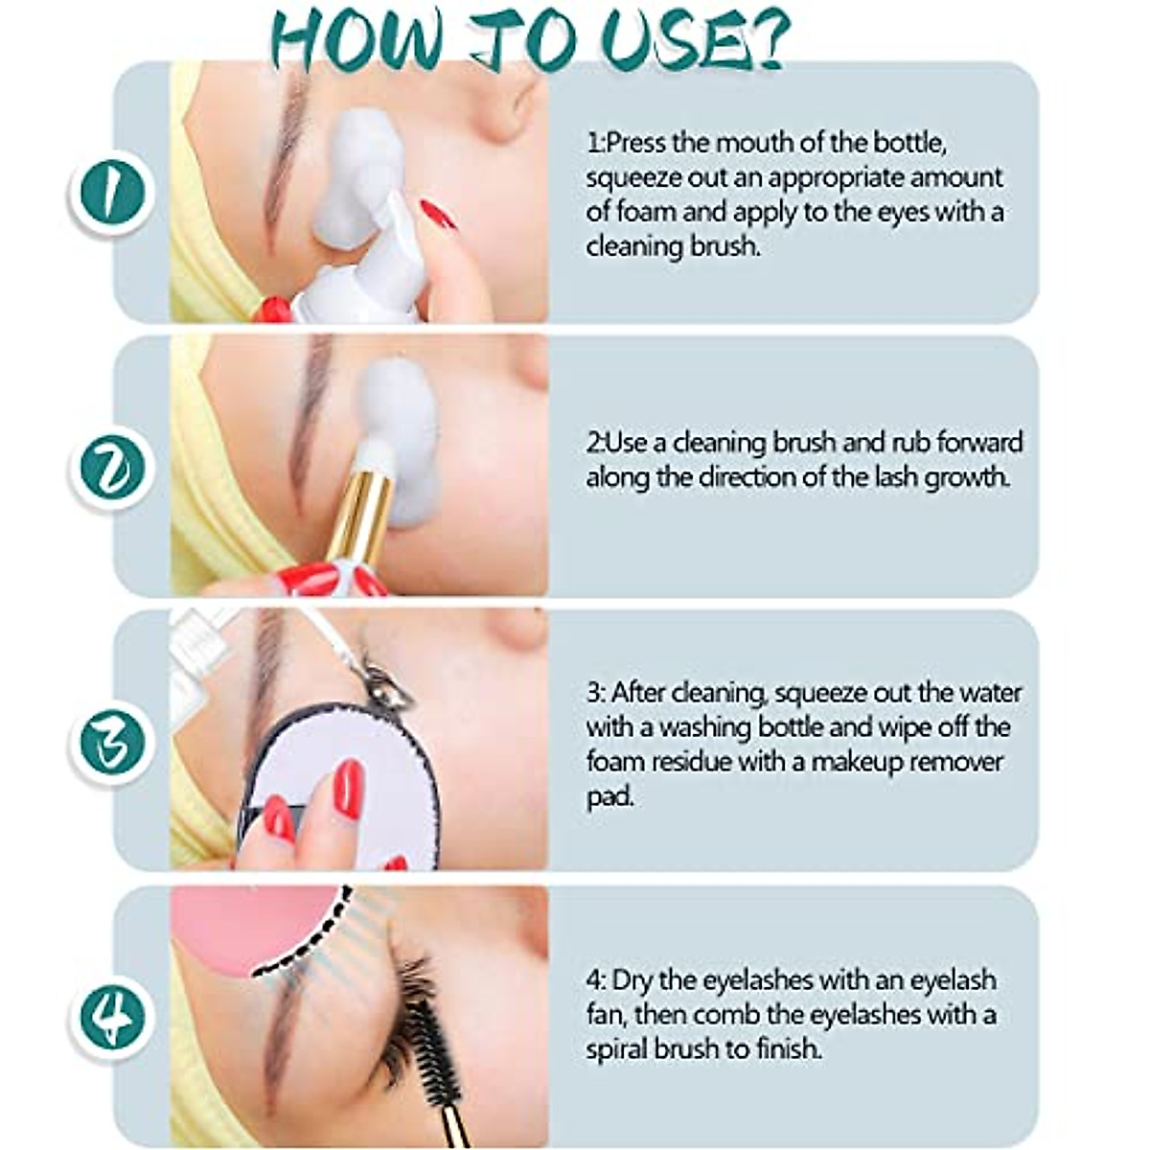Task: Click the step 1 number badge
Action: tap(110, 192)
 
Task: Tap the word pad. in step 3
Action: tap(610, 796)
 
